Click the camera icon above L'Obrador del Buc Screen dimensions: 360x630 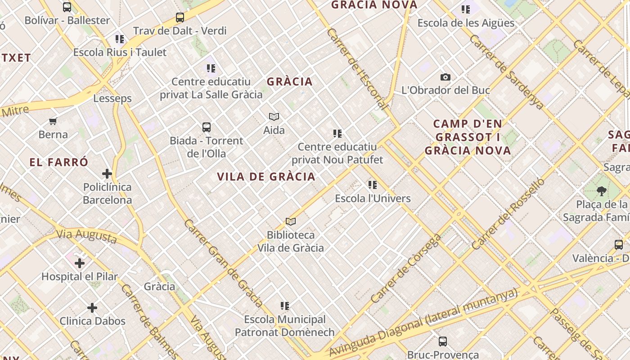click(x=445, y=77)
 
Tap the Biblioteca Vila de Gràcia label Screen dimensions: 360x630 click(x=291, y=241)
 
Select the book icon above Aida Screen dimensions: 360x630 click(x=274, y=117)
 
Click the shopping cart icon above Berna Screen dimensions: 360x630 click(x=53, y=121)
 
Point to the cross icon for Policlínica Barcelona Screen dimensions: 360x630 click(x=107, y=174)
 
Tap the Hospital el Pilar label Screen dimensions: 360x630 click(x=80, y=277)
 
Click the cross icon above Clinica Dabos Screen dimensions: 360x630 click(x=92, y=308)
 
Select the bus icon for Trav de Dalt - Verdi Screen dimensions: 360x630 click(x=180, y=18)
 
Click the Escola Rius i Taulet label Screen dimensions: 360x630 click(x=120, y=52)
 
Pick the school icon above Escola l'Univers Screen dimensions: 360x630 click(x=373, y=185)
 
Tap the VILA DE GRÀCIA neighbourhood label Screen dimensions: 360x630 click(x=266, y=177)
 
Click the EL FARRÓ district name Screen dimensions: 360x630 click(x=59, y=162)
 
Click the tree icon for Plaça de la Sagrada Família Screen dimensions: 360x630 click(x=602, y=191)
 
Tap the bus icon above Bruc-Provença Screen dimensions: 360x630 click(x=443, y=342)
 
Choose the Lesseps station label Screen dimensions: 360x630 click(x=112, y=99)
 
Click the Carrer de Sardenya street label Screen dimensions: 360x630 click(x=506, y=72)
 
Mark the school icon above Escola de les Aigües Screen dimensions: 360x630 click(x=466, y=9)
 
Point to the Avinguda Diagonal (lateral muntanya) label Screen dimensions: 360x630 click(x=423, y=323)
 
